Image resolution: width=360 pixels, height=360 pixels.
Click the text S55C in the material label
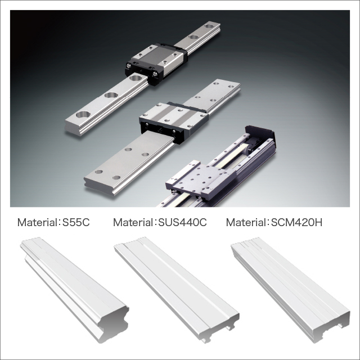point(76,222)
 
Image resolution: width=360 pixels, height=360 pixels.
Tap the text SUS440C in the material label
point(182,222)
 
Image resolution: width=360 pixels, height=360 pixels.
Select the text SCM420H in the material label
point(296,222)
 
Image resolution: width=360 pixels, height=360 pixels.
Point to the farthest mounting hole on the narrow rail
point(209,25)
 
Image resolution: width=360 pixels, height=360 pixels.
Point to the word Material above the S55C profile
point(36,222)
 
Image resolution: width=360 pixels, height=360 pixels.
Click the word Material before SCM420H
point(245,222)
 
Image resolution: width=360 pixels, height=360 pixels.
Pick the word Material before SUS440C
point(132,222)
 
